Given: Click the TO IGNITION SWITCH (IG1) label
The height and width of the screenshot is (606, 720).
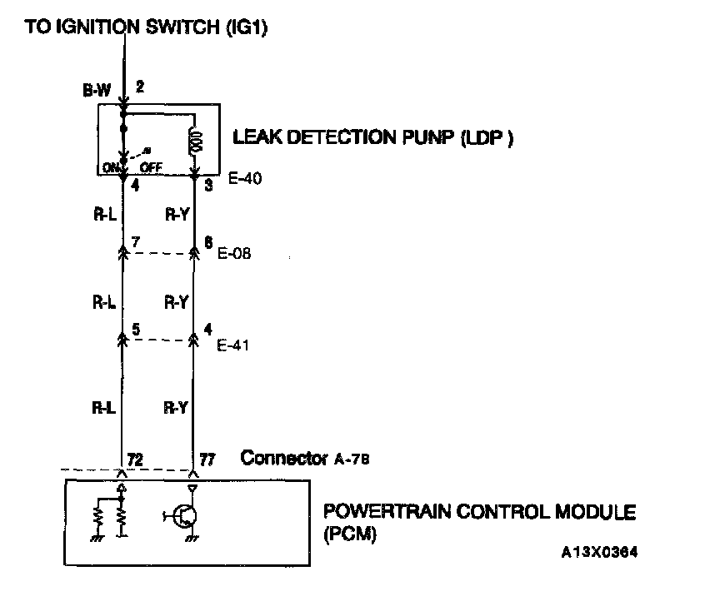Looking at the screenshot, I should coord(146,27).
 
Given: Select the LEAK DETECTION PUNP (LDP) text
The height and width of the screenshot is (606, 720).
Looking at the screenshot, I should coord(372,138).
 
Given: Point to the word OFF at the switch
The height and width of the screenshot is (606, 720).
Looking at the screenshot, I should coord(151,167).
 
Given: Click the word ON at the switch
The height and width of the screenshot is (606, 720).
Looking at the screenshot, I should coord(110,167).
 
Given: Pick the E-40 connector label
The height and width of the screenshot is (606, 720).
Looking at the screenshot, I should coord(243,177).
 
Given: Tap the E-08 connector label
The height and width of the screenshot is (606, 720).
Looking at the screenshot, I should coord(234,254).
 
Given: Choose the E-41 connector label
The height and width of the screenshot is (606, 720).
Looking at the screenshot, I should coord(234,345).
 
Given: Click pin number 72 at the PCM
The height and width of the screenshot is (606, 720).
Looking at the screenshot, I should coord(132,459).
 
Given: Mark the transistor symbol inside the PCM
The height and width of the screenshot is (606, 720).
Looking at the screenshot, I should coord(183,516).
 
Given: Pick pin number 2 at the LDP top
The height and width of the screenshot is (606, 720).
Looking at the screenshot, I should coord(140,86).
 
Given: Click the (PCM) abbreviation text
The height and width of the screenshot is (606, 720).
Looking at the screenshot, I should coord(349,534).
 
